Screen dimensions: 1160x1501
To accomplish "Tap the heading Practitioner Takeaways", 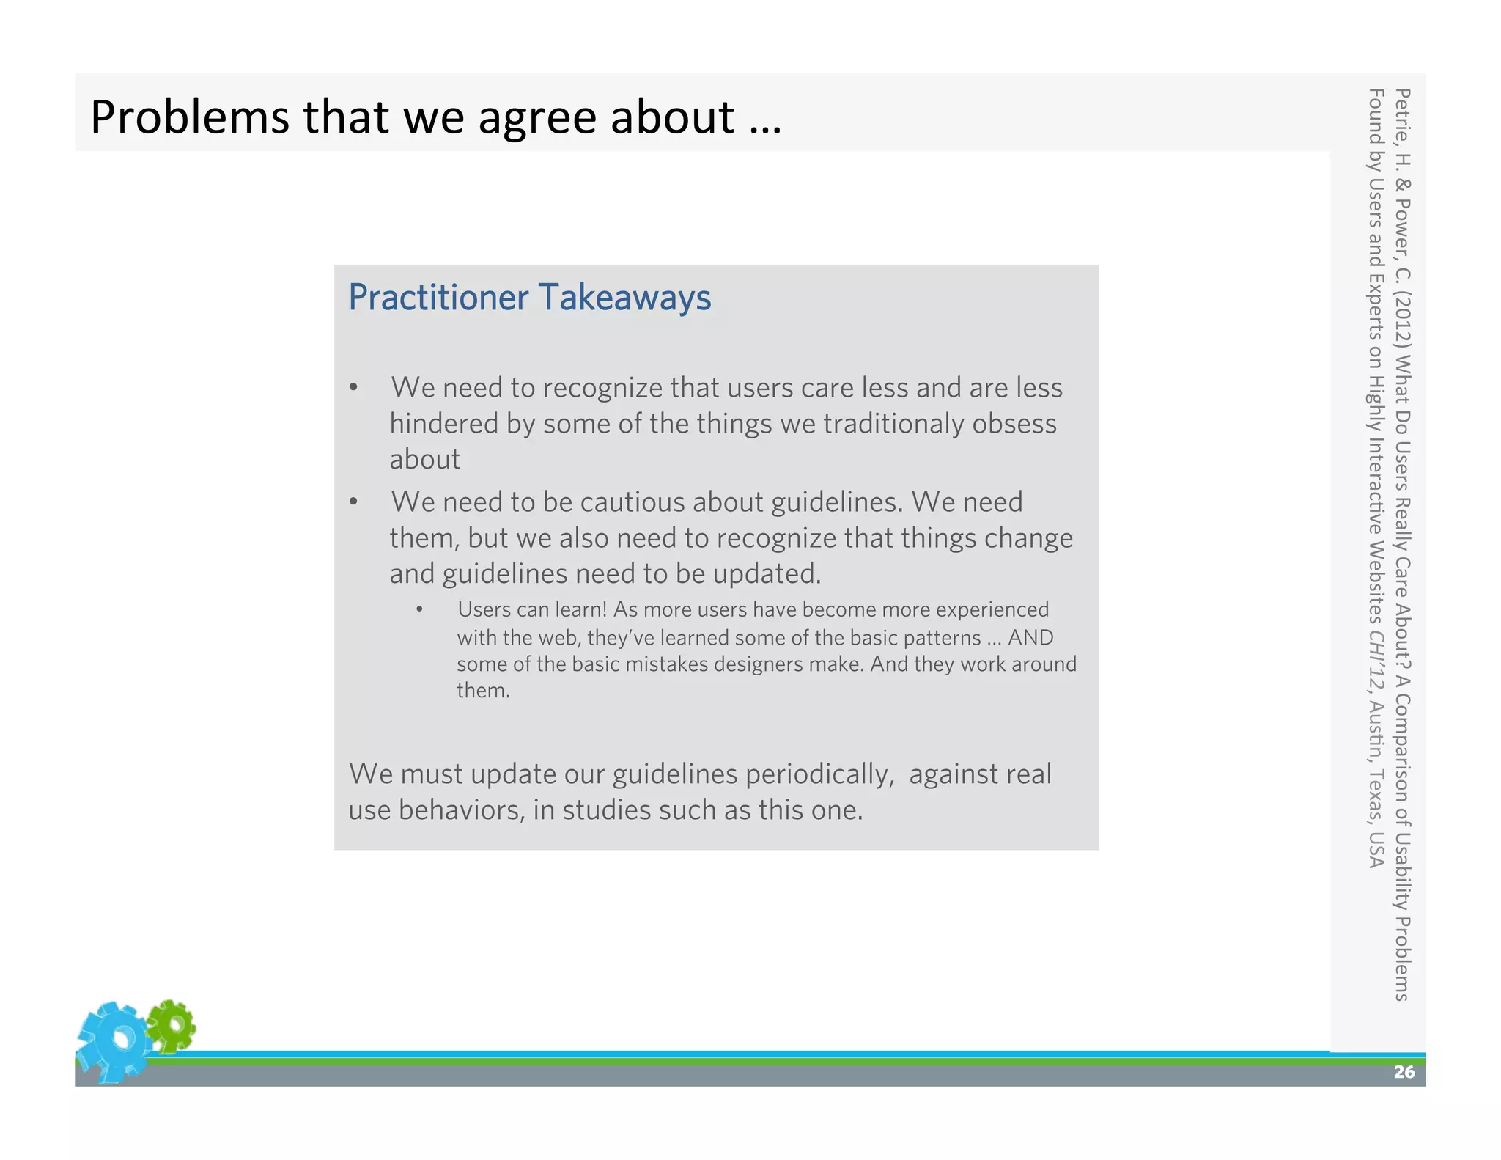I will point(529,298).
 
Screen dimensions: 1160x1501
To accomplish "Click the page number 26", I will point(1404,1072).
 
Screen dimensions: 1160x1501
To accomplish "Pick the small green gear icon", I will point(172,1026).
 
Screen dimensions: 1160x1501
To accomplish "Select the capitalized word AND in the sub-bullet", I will point(1030,638).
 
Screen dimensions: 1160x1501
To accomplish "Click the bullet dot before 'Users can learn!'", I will point(419,609).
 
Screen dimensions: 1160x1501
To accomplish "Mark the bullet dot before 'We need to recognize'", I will point(353,388).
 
